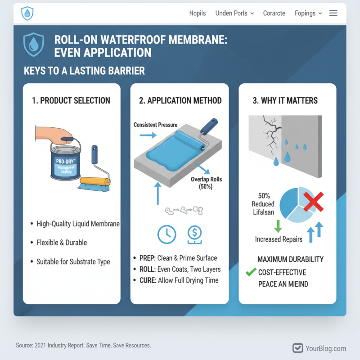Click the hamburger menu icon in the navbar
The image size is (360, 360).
(x=333, y=13)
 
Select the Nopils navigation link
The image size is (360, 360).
(x=198, y=13)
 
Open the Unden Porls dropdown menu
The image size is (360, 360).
(x=234, y=13)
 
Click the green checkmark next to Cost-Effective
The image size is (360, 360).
(x=251, y=272)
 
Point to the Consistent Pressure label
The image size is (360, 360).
(x=155, y=124)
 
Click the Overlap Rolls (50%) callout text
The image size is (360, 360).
(x=206, y=183)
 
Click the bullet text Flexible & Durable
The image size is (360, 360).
(x=62, y=243)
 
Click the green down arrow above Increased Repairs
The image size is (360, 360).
(x=278, y=225)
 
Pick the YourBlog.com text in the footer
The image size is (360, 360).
(x=325, y=348)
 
